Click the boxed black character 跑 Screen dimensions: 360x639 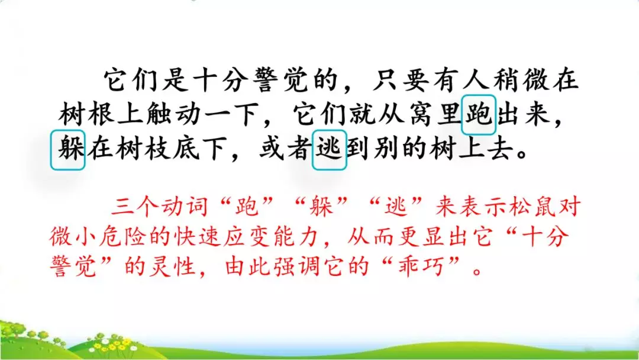click(x=479, y=114)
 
